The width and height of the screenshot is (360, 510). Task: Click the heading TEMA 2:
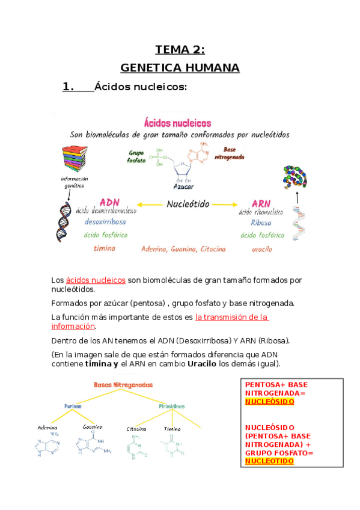pos(180,49)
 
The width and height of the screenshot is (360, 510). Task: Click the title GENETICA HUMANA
pos(180,68)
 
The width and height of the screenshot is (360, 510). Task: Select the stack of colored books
pos(75,161)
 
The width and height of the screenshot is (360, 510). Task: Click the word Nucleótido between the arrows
pos(188,204)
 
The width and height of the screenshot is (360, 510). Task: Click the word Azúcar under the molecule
pos(185,187)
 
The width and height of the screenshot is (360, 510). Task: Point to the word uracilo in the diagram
pos(262,248)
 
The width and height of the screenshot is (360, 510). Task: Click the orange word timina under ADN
pos(105,248)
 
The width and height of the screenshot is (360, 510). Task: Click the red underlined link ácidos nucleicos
pos(96,280)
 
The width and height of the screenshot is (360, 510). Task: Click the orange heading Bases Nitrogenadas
pos(123,384)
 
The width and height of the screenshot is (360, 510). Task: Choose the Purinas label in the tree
pos(73,406)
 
